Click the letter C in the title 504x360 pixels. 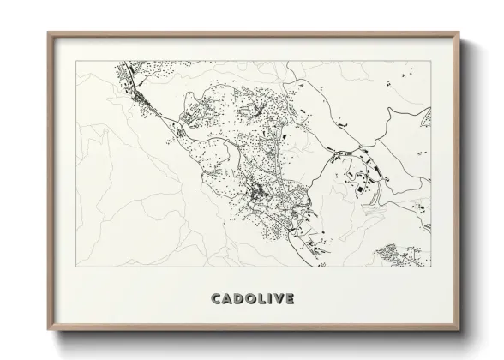pyautogui.click(x=216, y=298)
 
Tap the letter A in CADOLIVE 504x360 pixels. pyautogui.click(x=227, y=298)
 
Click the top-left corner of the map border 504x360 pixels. pyautogui.click(x=78, y=61)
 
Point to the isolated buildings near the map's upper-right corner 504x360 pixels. pyautogui.click(x=403, y=82)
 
